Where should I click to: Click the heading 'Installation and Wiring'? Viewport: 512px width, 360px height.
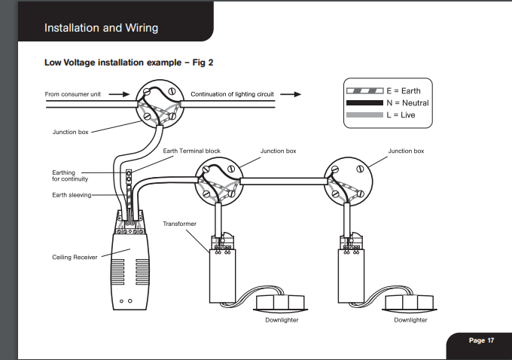click(x=101, y=28)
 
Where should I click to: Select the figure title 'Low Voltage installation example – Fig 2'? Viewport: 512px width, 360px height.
click(x=129, y=63)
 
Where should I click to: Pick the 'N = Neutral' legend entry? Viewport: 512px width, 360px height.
click(x=387, y=103)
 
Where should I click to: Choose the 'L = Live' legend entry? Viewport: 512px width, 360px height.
click(x=381, y=115)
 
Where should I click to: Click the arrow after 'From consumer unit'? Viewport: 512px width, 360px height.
click(x=119, y=94)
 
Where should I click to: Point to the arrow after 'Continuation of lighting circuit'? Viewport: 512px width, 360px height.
click(x=291, y=94)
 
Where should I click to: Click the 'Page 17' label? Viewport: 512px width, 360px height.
click(x=481, y=340)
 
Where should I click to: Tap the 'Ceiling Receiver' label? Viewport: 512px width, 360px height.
click(x=75, y=257)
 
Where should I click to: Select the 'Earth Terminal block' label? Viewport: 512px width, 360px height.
click(x=192, y=151)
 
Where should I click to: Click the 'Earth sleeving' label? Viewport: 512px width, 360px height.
click(x=72, y=195)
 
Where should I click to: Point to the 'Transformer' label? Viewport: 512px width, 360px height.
click(x=180, y=224)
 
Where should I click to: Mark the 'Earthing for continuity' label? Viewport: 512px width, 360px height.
click(x=70, y=175)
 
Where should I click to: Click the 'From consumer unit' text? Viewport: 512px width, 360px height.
click(x=73, y=94)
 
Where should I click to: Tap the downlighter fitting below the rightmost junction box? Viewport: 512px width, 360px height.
click(x=410, y=303)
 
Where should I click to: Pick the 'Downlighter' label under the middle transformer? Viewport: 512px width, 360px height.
click(x=282, y=320)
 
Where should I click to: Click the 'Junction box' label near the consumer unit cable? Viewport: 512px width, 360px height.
click(x=71, y=132)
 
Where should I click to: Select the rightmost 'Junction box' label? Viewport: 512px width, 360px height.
click(x=406, y=151)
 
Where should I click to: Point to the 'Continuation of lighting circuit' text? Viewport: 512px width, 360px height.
click(x=232, y=94)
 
